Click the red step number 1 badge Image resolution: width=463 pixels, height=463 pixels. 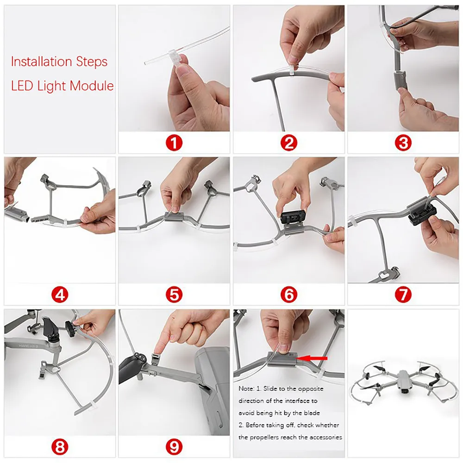[174, 143]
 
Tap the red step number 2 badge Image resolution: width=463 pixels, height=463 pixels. [288, 143]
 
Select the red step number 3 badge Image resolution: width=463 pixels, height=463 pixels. [403, 143]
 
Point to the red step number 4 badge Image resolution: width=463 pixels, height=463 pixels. [60, 294]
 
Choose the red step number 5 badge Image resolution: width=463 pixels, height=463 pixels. [174, 294]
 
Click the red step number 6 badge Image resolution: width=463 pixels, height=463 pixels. [288, 294]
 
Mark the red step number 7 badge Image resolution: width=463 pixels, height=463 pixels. [403, 294]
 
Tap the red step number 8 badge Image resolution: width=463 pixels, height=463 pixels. [60, 447]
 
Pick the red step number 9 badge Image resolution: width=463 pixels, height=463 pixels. [174, 447]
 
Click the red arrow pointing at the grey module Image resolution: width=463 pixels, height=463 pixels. [313, 358]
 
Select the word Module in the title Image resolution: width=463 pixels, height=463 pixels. [92, 86]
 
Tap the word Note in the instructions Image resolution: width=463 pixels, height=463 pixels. [246, 388]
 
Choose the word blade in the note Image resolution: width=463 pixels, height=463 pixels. [313, 413]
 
